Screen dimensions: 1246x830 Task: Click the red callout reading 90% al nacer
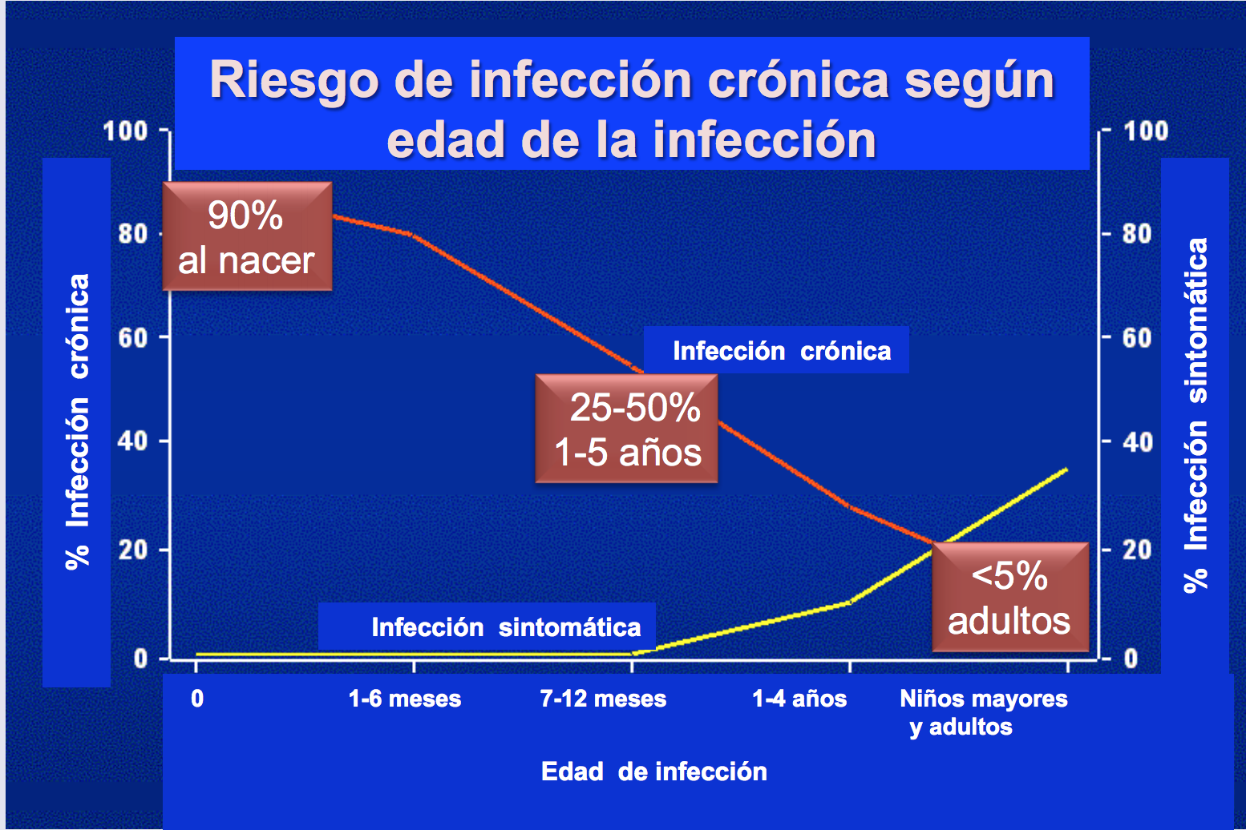(x=247, y=236)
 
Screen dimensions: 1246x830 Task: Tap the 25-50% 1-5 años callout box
(x=626, y=428)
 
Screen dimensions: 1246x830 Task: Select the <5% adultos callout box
(x=1010, y=597)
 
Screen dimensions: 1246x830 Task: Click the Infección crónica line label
(x=782, y=351)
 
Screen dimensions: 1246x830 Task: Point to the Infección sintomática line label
(x=506, y=627)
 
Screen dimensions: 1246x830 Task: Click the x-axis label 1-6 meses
(x=405, y=699)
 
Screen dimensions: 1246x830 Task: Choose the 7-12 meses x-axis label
(x=603, y=699)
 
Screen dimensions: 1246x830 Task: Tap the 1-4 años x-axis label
(x=799, y=699)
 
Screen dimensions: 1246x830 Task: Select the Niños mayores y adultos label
(x=984, y=713)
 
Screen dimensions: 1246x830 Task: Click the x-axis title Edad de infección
(x=654, y=772)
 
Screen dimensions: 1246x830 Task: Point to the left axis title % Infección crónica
(x=77, y=422)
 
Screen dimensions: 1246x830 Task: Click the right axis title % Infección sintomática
(x=1195, y=415)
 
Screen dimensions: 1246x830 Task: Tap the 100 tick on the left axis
(x=125, y=131)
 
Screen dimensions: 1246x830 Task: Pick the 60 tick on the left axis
(x=132, y=337)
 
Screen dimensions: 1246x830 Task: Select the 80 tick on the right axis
(x=1137, y=234)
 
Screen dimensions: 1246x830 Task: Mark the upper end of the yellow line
(x=1067, y=469)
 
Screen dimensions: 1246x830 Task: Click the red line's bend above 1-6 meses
(x=411, y=235)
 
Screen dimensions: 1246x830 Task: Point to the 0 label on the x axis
(x=197, y=699)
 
